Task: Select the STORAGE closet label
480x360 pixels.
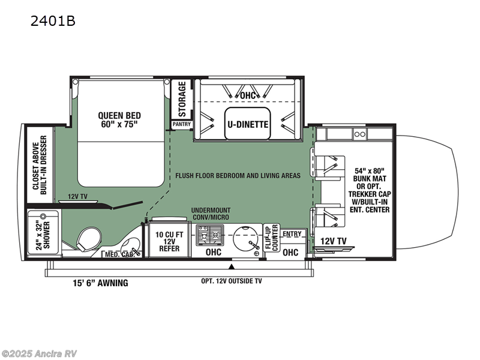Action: [x=182, y=99]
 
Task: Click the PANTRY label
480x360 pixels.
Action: [x=181, y=124]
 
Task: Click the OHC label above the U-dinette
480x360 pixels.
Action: [x=248, y=95]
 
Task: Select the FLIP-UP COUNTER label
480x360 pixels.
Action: [x=272, y=237]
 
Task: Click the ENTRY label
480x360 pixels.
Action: [x=292, y=233]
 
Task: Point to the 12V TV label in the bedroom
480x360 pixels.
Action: [x=79, y=196]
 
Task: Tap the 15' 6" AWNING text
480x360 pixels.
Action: [x=98, y=283]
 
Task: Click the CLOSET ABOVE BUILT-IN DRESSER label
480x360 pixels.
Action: [x=40, y=169]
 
